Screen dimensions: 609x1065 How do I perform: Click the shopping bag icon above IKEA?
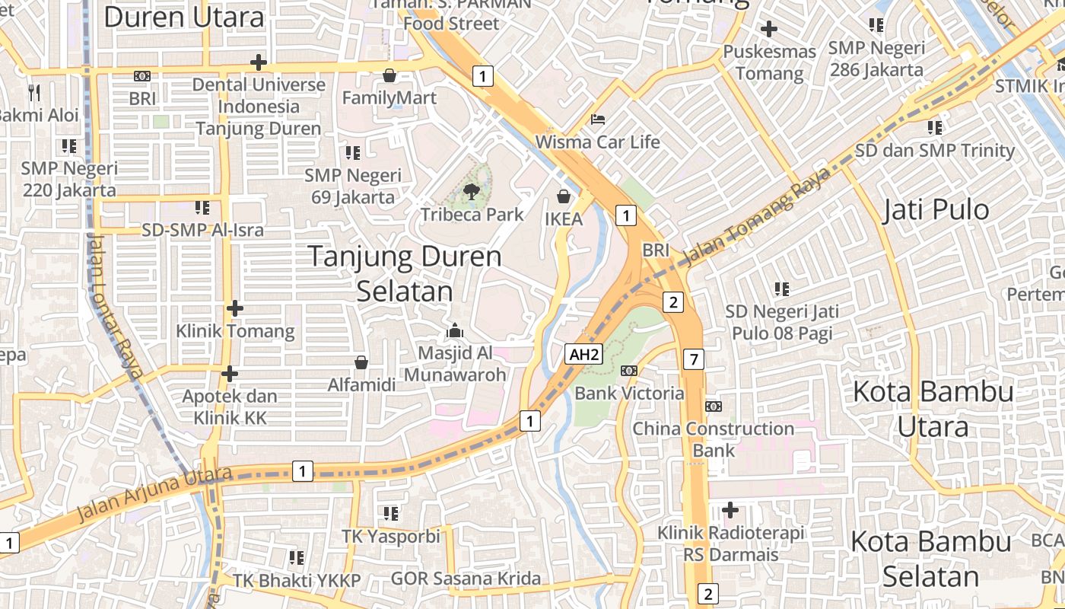click(564, 197)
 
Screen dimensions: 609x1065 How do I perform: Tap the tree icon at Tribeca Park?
click(471, 192)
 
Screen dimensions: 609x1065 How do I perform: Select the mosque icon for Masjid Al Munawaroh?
click(455, 330)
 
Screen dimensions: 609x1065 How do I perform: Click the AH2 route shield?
click(584, 354)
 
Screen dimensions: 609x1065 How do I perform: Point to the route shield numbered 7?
click(693, 359)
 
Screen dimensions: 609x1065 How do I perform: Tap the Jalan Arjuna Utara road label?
click(154, 496)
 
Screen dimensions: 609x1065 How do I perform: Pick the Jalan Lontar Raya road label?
click(113, 304)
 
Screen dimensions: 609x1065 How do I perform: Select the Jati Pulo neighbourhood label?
click(936, 210)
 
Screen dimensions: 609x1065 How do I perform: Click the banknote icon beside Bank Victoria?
click(629, 371)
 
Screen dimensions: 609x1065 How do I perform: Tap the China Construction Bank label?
click(713, 439)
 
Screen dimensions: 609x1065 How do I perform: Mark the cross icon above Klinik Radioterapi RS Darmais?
click(730, 509)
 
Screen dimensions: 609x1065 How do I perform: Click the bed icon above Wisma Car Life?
click(598, 120)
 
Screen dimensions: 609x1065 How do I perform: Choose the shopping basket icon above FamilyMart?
click(389, 75)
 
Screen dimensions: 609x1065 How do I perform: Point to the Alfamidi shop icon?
click(361, 362)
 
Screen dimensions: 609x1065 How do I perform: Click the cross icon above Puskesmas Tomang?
click(769, 30)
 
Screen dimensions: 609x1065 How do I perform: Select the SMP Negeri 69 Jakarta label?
click(353, 187)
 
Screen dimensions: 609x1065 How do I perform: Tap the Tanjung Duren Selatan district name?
click(405, 273)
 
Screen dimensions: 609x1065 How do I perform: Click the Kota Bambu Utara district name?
click(933, 409)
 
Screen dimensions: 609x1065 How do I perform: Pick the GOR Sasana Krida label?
click(466, 579)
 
